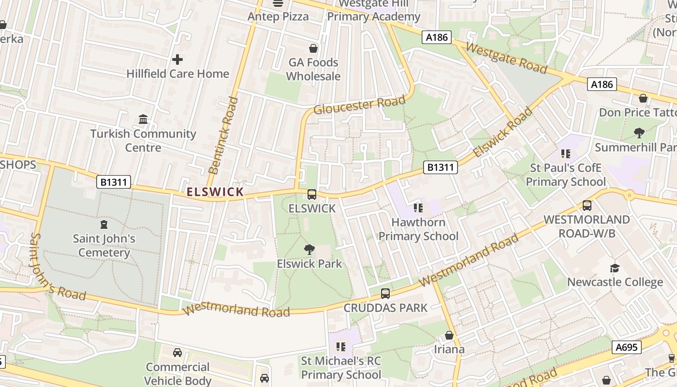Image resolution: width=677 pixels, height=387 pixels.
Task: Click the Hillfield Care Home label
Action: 177,74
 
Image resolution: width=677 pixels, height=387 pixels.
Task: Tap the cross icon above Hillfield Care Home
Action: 177,60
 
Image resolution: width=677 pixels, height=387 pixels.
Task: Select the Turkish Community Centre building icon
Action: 143,119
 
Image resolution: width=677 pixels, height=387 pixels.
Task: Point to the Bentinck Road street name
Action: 223,135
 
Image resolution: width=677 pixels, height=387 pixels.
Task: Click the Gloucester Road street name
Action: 359,105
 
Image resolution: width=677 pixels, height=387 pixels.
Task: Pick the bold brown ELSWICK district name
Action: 215,192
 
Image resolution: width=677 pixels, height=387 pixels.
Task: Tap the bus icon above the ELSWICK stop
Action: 312,194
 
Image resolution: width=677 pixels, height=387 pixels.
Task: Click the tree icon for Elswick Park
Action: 309,250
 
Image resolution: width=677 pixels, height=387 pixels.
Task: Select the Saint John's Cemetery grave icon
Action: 103,224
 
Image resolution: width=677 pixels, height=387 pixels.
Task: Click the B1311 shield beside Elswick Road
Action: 440,167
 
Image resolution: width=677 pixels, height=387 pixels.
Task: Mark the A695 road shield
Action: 627,347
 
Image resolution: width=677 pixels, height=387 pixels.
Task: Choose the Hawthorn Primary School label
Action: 418,229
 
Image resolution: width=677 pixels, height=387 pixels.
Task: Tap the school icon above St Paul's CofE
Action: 565,154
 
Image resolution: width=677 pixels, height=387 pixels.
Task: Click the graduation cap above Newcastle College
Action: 615,268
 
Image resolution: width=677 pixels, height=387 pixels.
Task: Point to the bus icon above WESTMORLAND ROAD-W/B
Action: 587,206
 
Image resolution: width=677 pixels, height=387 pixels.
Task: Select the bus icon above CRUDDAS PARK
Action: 385,294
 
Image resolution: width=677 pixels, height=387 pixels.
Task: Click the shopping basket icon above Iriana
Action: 449,335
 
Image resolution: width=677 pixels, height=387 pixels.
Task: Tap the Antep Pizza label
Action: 278,16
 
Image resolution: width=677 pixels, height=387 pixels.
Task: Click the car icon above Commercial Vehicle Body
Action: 177,353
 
